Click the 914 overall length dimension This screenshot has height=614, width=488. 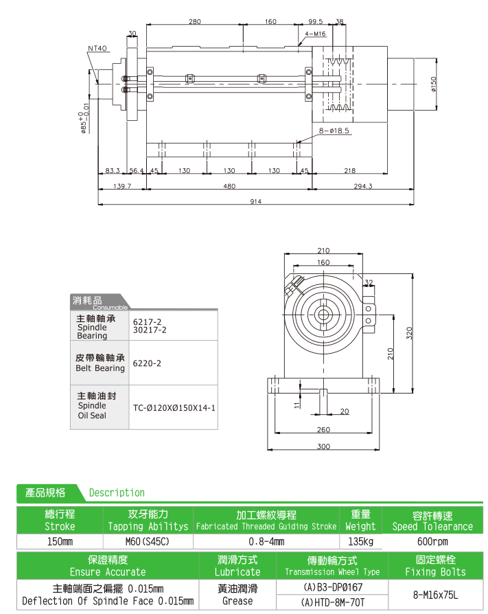point(257,201)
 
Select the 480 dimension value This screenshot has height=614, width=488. point(229,186)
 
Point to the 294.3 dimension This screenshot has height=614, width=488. point(362,186)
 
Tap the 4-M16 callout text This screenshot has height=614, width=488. point(316,33)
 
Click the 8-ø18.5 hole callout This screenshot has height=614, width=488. point(334,130)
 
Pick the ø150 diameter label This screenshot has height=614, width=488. point(433,84)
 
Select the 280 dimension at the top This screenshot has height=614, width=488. point(194,22)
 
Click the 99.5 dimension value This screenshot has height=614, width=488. point(315,22)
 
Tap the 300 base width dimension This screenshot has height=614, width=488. point(323,446)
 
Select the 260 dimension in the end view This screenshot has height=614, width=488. point(323,431)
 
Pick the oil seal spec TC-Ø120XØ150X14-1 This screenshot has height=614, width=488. point(174,408)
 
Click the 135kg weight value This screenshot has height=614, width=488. point(360,542)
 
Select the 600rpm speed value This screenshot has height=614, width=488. point(432,542)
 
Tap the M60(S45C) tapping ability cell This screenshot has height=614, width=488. point(148,542)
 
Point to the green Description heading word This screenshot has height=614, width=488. point(117,492)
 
